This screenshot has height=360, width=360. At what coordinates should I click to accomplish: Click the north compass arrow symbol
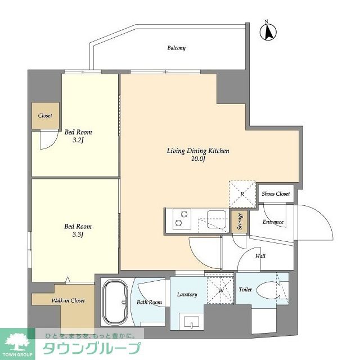268,31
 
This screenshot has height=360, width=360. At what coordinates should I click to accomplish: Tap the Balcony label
176,48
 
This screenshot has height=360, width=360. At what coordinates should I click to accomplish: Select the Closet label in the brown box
45,115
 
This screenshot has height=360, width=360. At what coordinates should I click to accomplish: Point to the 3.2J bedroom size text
78,140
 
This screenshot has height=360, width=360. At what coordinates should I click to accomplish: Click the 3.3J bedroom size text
78,235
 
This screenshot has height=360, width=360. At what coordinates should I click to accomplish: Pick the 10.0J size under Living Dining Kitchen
198,159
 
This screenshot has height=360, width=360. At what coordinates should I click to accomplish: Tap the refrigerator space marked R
242,194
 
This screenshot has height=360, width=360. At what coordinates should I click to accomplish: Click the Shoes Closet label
276,193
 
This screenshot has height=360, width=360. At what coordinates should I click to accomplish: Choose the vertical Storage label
240,221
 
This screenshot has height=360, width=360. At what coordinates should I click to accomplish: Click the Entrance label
273,222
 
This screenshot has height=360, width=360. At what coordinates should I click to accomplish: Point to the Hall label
260,256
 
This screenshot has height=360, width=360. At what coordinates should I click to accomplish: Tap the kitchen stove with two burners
182,219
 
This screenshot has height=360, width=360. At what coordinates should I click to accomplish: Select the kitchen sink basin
217,219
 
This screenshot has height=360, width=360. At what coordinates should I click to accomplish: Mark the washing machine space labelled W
220,291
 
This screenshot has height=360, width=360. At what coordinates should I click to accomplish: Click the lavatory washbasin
192,322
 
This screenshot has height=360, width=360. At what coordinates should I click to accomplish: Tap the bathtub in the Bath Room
115,302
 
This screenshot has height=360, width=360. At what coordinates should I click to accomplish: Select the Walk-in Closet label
68,300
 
